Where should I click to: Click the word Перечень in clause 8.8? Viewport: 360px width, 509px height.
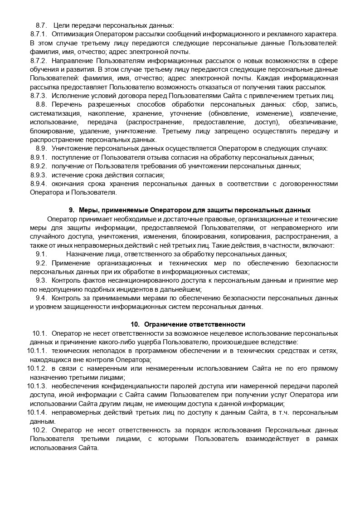click(x=66, y=104)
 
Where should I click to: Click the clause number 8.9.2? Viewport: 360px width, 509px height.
click(x=39, y=166)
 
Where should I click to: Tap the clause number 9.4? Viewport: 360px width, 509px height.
click(x=41, y=298)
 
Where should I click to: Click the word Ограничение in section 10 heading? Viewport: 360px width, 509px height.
click(x=165, y=324)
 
